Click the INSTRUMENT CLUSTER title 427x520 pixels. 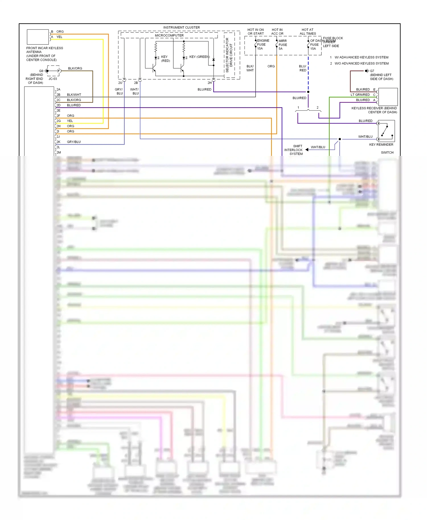tap(181, 27)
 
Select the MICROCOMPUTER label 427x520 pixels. tap(169, 36)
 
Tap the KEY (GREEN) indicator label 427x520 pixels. tap(199, 57)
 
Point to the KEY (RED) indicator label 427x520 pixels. tap(165, 59)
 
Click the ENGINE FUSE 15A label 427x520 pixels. tap(262, 45)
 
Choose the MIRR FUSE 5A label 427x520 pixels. tap(282, 45)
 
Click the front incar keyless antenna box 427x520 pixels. tap(38, 37)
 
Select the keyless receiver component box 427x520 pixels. tap(388, 97)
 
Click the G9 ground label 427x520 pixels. tap(41, 71)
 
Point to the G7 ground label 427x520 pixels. tap(372, 71)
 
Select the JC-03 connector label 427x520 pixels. tap(53, 79)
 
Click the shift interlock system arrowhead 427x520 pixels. tap(307, 150)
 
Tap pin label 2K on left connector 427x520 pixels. tap(58, 142)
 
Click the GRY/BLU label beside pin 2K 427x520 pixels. tap(74, 142)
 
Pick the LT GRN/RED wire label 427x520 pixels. tap(360, 95)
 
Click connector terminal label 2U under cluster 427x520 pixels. tap(120, 83)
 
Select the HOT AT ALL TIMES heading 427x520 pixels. tap(307, 32)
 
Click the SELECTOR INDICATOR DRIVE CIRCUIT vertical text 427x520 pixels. tap(229, 55)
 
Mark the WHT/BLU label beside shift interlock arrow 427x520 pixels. tap(318, 147)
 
